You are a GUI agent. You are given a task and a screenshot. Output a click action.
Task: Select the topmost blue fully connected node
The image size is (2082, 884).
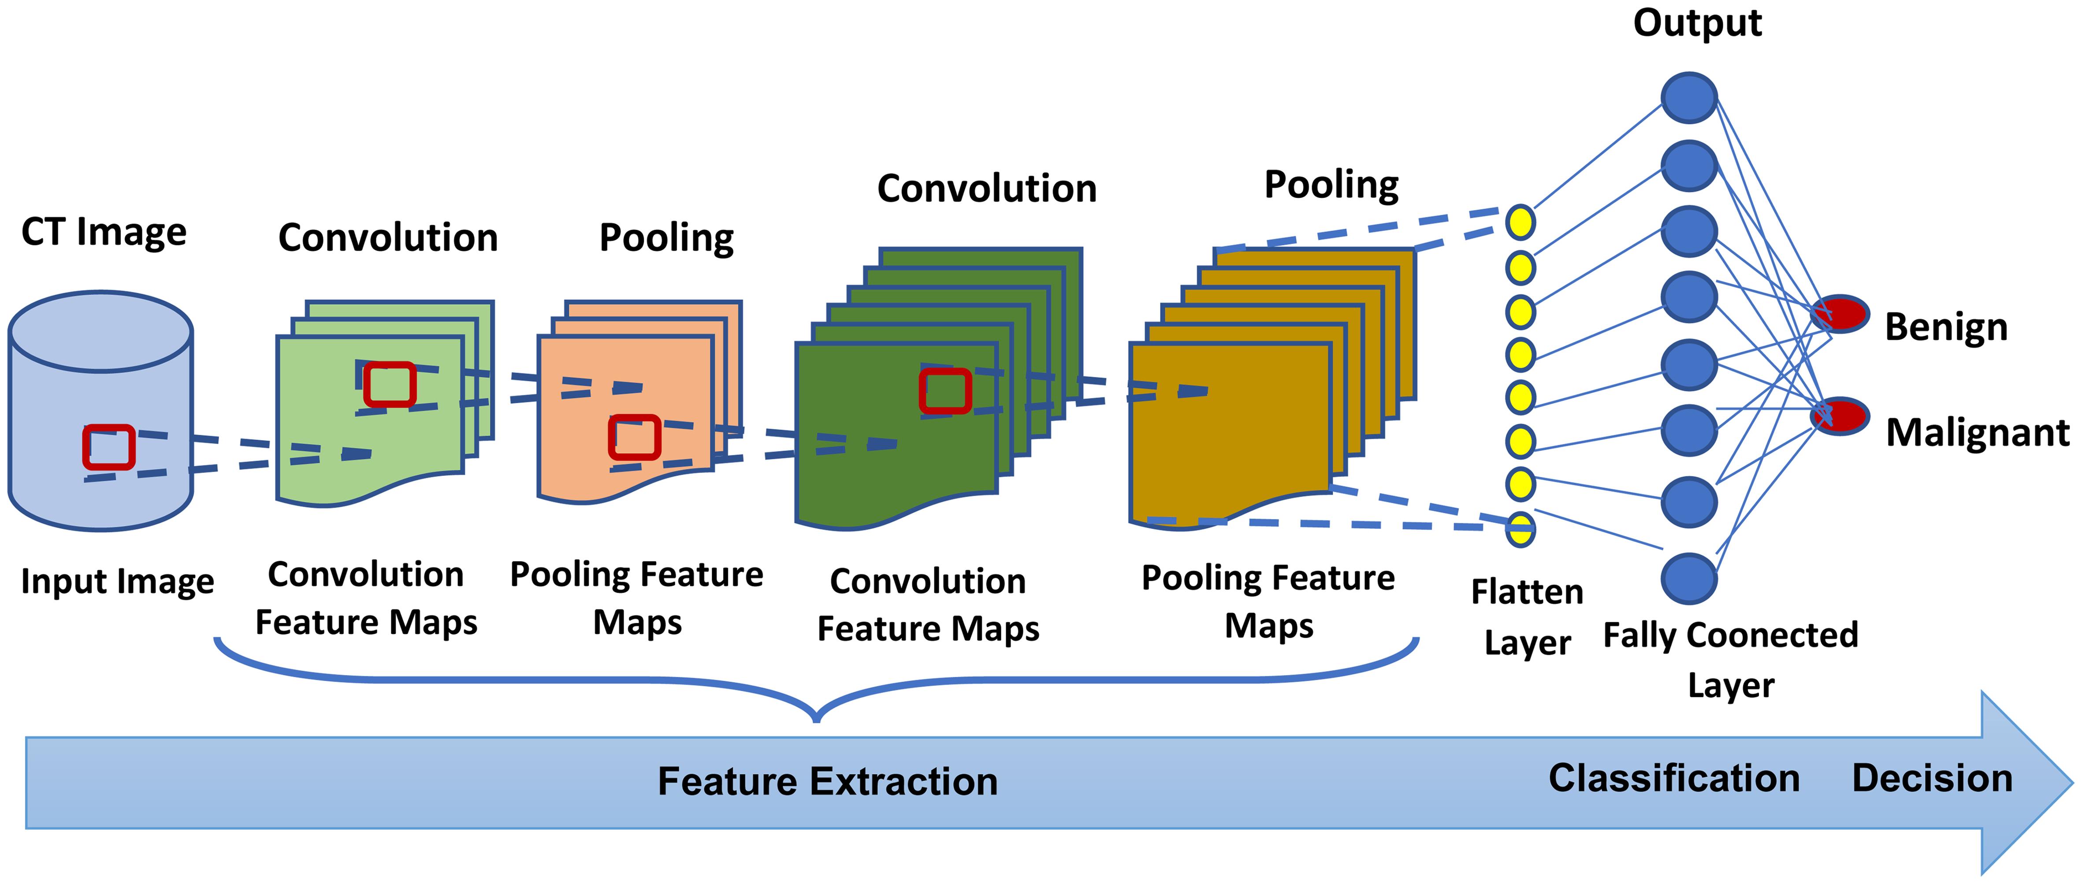click(x=1688, y=98)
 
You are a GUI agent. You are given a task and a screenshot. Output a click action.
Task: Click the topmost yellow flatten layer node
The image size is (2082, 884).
click(x=1520, y=222)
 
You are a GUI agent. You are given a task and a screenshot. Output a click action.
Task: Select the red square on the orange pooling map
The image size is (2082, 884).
click(x=635, y=437)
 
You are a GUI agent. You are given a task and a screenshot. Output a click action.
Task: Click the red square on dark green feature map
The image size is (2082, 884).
click(x=945, y=391)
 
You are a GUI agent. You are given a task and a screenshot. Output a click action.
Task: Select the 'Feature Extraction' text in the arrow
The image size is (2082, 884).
click(x=828, y=781)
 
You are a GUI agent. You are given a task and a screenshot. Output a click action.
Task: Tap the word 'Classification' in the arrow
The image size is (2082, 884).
click(x=1674, y=778)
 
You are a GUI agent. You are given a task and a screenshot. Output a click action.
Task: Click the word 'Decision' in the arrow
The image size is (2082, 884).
click(x=1932, y=778)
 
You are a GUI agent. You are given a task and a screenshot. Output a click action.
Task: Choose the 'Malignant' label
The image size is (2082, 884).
click(x=1977, y=433)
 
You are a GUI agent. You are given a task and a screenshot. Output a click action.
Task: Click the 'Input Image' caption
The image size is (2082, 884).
click(x=117, y=582)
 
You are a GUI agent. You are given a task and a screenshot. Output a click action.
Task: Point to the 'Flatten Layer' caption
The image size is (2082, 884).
click(x=1527, y=617)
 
